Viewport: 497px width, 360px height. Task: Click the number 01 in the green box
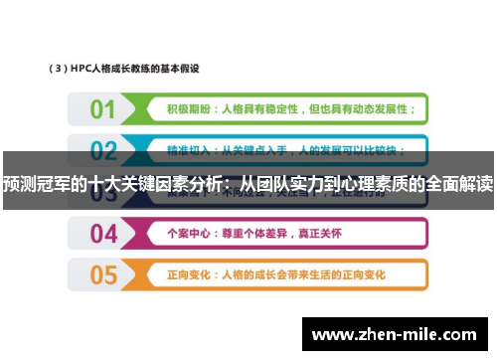pos(102,108)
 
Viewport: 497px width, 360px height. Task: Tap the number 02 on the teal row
pos(103,150)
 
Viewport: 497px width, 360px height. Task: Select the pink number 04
pos(103,234)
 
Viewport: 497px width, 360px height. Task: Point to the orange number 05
pos(103,274)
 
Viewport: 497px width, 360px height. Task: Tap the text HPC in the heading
pos(83,70)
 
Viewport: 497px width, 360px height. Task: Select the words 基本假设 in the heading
pos(183,70)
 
